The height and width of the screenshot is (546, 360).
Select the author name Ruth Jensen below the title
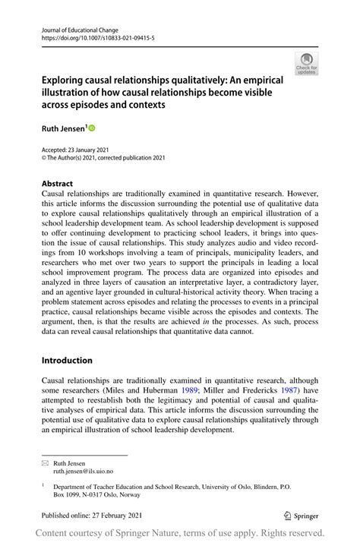coord(63,130)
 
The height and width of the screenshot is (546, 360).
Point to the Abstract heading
coord(57,184)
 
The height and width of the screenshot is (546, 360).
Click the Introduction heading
coord(67,360)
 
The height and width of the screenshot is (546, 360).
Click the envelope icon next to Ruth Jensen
coord(45,462)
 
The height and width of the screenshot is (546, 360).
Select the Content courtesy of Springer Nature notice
coord(180,533)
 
